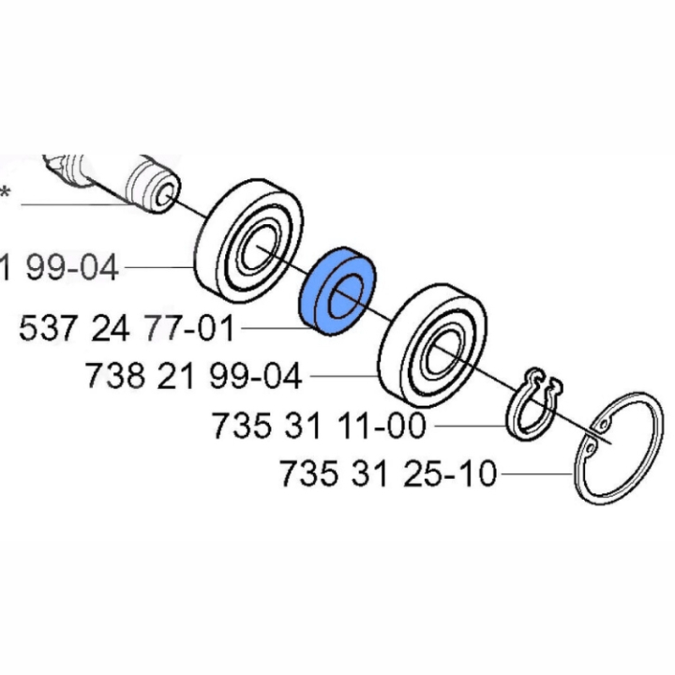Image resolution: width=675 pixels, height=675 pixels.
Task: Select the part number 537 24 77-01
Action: click(127, 329)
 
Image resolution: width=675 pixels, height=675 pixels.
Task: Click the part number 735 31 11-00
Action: click(320, 427)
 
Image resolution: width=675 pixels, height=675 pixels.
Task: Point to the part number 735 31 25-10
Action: click(387, 474)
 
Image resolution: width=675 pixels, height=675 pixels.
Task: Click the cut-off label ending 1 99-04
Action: click(58, 268)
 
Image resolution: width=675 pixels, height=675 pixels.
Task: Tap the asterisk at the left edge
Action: click(5, 194)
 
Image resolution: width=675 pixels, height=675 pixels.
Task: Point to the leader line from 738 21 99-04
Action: click(342, 377)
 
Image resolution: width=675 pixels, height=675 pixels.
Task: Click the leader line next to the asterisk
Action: click(75, 204)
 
